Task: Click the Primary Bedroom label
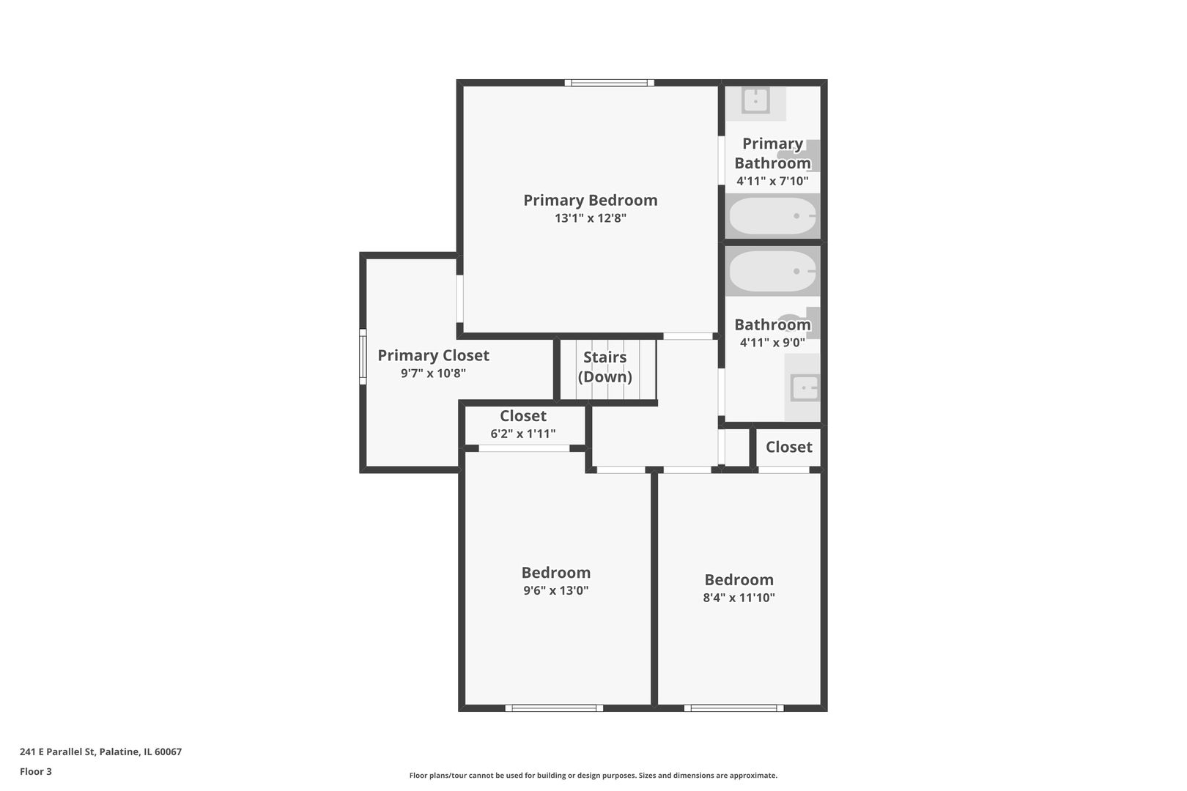(x=590, y=200)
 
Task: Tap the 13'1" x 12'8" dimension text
(x=590, y=218)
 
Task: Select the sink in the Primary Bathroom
(x=755, y=101)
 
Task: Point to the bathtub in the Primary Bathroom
(x=772, y=216)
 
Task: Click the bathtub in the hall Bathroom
(x=772, y=271)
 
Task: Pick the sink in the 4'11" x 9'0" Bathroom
(x=805, y=387)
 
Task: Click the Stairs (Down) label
(x=604, y=367)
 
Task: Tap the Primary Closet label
(x=433, y=355)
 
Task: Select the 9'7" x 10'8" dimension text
(x=433, y=374)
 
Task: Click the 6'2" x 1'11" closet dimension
(x=522, y=434)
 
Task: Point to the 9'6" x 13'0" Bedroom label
(x=555, y=573)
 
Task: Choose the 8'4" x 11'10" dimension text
(x=739, y=598)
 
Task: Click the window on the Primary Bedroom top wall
(x=609, y=83)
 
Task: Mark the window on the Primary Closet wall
(x=363, y=357)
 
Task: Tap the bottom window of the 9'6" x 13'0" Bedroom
(x=554, y=708)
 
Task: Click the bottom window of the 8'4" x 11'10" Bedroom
(x=733, y=708)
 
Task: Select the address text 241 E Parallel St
(x=100, y=751)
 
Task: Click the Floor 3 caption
(x=36, y=771)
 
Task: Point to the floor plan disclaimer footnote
(x=593, y=776)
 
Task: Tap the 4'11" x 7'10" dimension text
(x=772, y=181)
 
